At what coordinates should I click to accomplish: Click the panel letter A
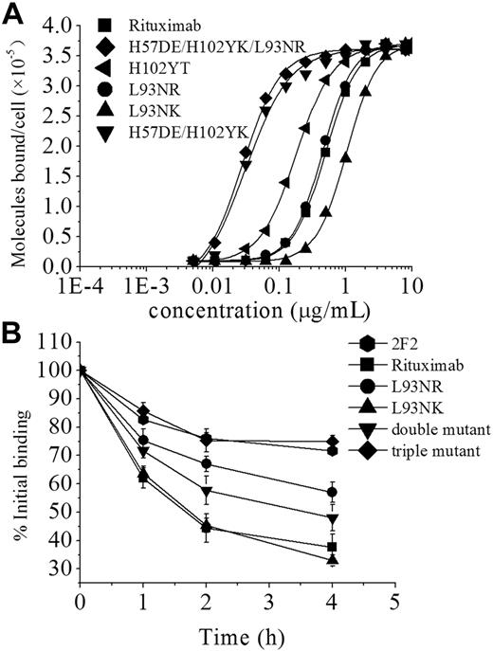12,11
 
